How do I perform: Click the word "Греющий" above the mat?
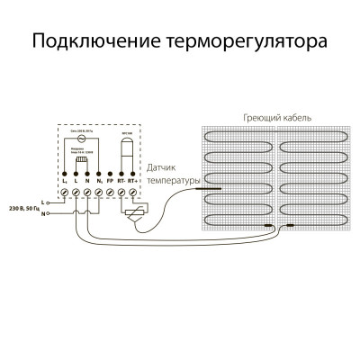coord(259,119)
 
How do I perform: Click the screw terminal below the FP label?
coord(110,192)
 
